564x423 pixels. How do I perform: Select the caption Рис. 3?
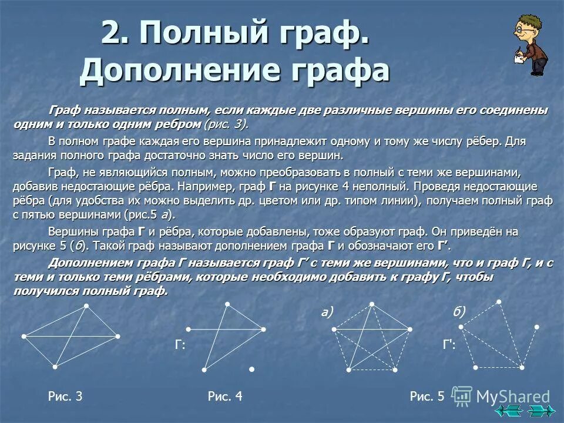pos(65,397)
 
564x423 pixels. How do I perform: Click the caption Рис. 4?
pos(225,397)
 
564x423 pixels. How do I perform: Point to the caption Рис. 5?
pos(427,397)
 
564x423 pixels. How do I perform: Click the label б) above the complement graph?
pos(459,313)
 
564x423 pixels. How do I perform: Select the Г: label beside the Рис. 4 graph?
pos(180,347)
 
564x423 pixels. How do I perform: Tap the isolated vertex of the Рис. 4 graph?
pos(251,369)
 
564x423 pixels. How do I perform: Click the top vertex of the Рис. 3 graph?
pos(86,305)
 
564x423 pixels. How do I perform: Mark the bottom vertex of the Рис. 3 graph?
pos(55,367)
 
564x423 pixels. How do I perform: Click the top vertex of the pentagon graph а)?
pos(372,304)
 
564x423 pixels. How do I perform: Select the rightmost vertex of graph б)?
pos(536,327)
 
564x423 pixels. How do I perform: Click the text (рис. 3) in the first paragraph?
pos(226,124)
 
